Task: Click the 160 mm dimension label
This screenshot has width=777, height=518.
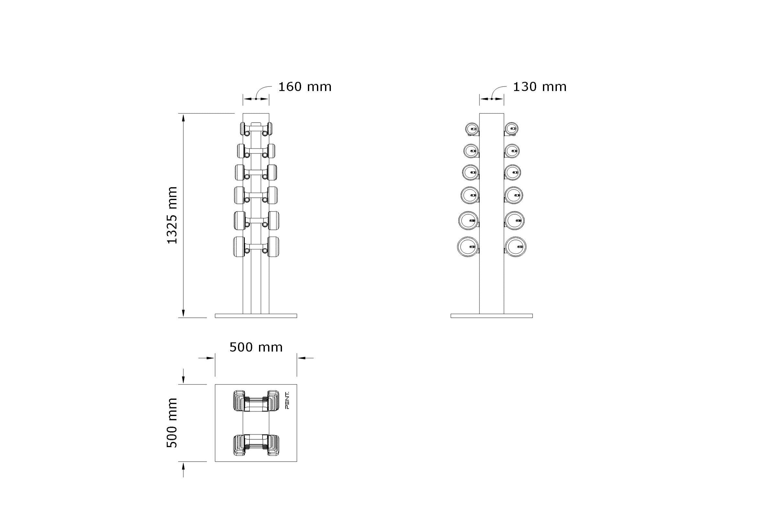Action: click(305, 87)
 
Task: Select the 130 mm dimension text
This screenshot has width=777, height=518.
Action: click(539, 87)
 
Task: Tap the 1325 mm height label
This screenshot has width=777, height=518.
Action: click(172, 215)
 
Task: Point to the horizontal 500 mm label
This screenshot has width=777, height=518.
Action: click(256, 347)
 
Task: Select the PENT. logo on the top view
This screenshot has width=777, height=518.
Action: click(287, 400)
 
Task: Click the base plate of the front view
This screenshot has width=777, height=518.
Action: click(256, 316)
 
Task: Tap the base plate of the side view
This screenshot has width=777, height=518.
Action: click(491, 316)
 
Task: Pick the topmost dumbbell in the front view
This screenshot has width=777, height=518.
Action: click(256, 129)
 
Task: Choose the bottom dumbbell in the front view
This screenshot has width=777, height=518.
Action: click(256, 246)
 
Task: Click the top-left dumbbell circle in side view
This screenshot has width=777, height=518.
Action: click(472, 129)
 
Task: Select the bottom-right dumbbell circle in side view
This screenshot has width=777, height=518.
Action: click(515, 246)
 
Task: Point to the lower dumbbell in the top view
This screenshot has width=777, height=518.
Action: click(256, 445)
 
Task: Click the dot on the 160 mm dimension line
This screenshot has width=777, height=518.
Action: click(256, 98)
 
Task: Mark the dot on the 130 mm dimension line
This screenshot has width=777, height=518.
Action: click(491, 98)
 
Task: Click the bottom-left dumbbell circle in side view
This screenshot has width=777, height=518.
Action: click(468, 246)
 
